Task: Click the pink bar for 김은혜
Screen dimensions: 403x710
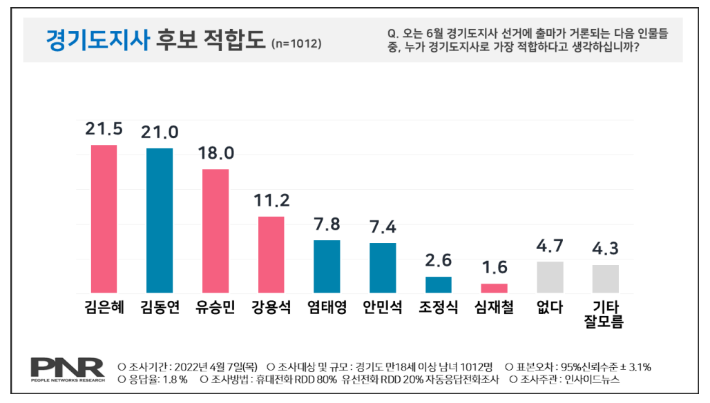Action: tap(104, 219)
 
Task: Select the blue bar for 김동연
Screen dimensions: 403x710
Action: tap(160, 221)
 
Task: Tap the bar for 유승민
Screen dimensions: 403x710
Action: tap(215, 230)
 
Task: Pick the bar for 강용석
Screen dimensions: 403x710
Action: tap(271, 255)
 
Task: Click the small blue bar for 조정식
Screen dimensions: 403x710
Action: tap(438, 284)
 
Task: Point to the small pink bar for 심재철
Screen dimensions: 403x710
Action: tap(494, 288)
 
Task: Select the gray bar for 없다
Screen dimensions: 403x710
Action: tap(550, 277)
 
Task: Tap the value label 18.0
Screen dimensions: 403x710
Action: tap(215, 153)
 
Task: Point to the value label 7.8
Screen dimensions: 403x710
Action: tap(327, 224)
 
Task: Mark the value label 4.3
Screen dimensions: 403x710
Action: tap(606, 249)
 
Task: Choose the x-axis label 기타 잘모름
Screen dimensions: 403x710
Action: tap(606, 315)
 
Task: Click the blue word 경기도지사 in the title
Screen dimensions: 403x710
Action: tap(97, 40)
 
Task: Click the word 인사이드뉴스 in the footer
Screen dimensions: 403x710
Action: tap(592, 379)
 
